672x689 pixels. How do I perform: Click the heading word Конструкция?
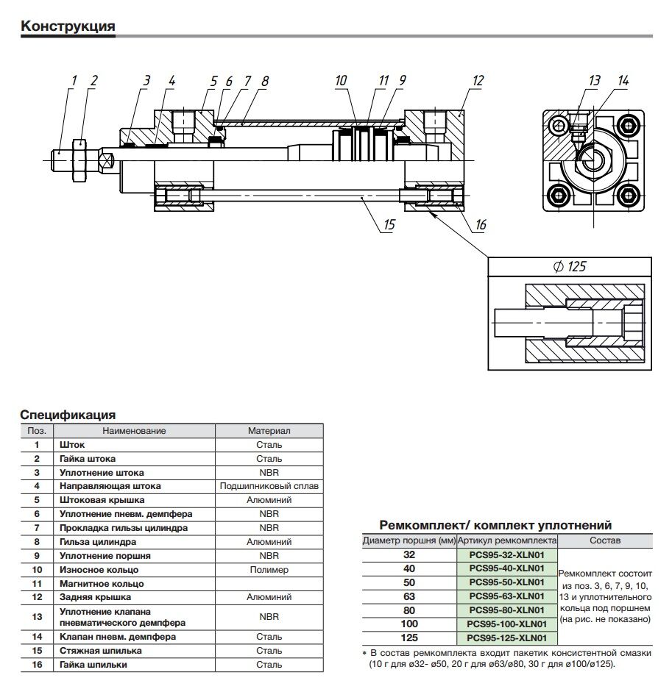pos(68,27)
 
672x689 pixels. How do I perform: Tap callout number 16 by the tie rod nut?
pos(481,224)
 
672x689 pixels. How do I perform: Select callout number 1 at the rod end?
pos(74,81)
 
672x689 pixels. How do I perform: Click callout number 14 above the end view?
pos(623,81)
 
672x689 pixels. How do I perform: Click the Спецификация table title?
pos(68,415)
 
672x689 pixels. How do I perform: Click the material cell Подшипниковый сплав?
pos(269,486)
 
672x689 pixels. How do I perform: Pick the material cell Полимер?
pos(269,570)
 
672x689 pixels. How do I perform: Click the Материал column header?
pos(269,430)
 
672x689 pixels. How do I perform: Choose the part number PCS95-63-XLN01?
pos(506,596)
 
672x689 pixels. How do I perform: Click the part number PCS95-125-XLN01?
pos(506,638)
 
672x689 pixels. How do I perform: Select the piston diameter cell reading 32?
pos(409,554)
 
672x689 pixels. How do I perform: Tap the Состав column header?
pos(605,540)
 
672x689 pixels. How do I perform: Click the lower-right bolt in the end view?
pos(628,196)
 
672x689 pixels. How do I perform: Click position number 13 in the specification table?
pos(36,617)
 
